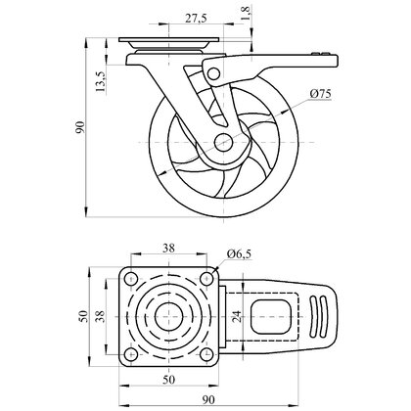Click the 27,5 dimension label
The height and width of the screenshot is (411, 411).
(196, 19)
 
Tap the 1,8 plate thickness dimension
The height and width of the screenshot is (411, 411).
(246, 14)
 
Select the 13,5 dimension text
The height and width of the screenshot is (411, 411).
(101, 81)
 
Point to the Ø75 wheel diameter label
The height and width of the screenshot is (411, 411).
(321, 94)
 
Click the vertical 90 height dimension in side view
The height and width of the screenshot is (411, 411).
(80, 127)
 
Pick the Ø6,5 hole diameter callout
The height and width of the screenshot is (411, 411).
(240, 253)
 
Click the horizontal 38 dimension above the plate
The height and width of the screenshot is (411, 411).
(168, 249)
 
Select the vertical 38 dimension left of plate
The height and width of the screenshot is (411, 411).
(101, 316)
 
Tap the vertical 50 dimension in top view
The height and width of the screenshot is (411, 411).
(84, 316)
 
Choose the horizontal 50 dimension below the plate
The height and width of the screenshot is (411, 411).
(168, 380)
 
